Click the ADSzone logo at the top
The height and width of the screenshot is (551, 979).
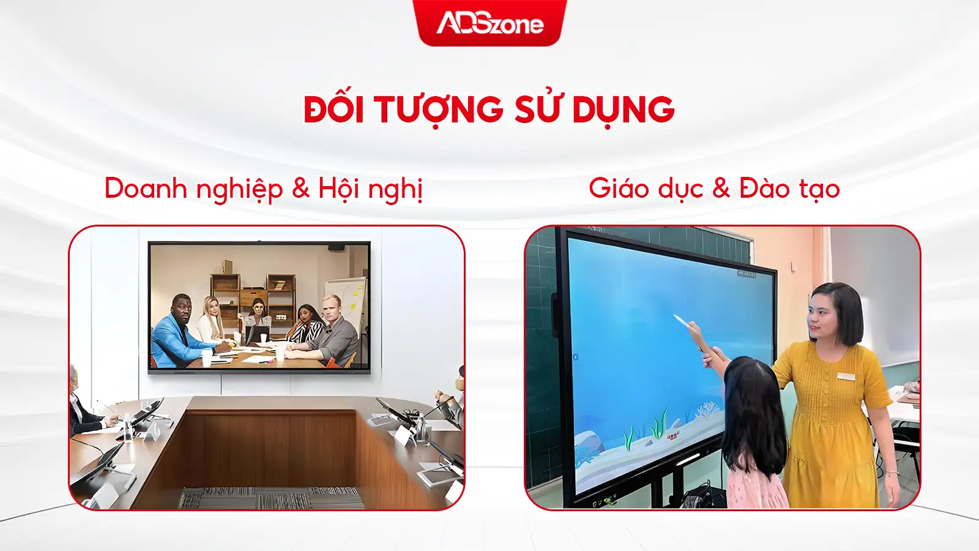click(x=490, y=24)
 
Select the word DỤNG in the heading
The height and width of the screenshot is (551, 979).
click(x=624, y=110)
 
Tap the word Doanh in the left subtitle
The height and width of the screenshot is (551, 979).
click(x=146, y=189)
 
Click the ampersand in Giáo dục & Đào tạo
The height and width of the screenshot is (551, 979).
click(x=721, y=189)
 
